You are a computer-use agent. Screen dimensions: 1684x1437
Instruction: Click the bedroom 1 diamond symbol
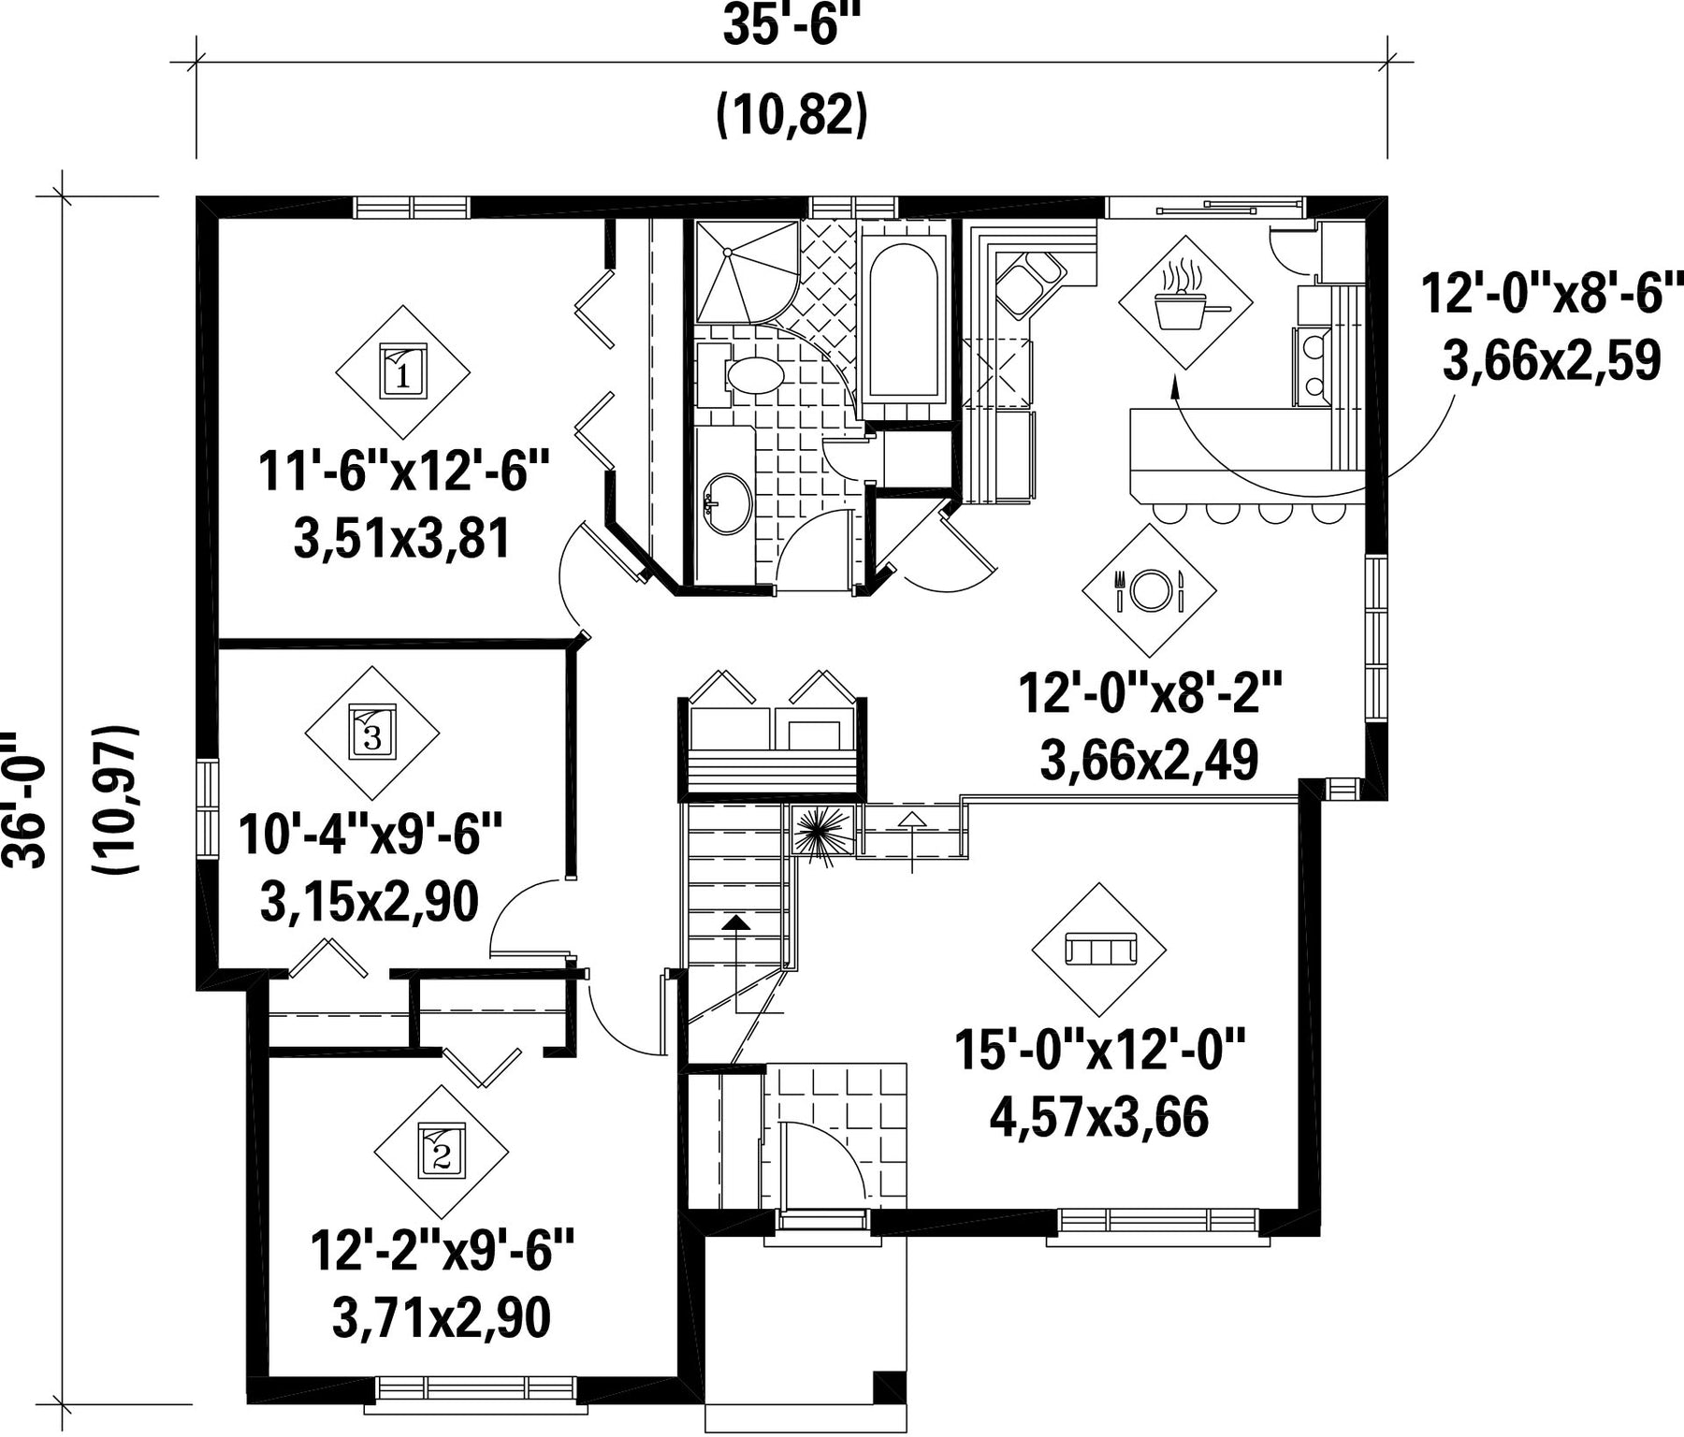coord(402,371)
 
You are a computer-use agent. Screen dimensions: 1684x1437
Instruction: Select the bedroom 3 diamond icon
coord(372,733)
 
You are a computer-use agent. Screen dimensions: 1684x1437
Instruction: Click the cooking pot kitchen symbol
coord(1186,302)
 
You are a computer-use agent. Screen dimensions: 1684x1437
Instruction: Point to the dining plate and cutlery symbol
coord(1149,590)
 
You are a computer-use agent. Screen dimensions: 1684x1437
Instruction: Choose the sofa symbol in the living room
coord(1099,951)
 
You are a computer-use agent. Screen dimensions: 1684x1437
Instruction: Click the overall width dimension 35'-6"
coord(791,26)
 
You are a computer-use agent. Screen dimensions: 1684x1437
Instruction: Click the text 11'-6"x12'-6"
coord(403,472)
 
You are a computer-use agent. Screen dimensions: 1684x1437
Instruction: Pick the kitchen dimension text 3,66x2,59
coord(1552,361)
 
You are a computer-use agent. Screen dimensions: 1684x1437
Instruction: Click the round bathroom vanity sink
coord(727,504)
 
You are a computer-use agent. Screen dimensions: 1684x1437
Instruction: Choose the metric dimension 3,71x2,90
coord(441,1317)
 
